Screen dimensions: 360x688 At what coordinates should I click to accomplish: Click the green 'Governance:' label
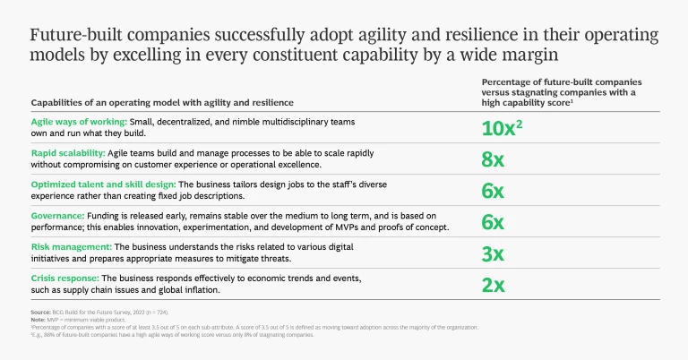click(x=57, y=216)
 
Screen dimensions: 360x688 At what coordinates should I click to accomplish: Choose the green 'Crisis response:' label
click(x=64, y=279)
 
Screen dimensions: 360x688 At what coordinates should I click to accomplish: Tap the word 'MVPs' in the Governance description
click(x=355, y=227)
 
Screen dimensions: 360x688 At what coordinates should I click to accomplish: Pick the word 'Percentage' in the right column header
click(x=508, y=81)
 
